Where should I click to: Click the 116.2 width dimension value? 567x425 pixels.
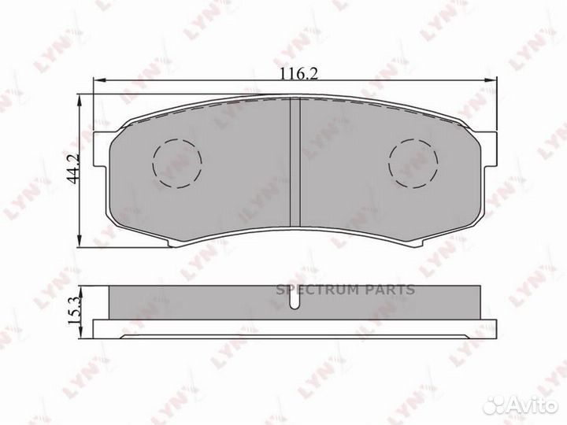click(x=299, y=75)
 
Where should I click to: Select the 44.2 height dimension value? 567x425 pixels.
click(x=75, y=168)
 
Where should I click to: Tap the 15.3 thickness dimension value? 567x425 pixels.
click(x=75, y=311)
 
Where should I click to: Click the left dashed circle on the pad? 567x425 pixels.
click(x=177, y=163)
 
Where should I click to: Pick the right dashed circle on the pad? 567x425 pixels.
click(x=413, y=163)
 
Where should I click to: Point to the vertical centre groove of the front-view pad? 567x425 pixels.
click(x=295, y=163)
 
